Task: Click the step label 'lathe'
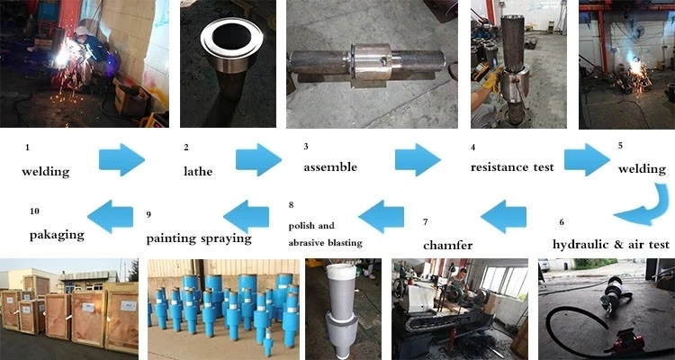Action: click(198, 171)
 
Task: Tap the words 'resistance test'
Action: click(512, 167)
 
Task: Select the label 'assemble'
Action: click(330, 167)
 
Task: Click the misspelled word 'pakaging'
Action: click(57, 236)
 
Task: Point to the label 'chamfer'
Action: click(447, 246)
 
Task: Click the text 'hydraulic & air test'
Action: click(611, 244)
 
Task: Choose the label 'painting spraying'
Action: click(199, 239)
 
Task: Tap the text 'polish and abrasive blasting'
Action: click(326, 234)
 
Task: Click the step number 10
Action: click(34, 211)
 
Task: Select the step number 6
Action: click(562, 222)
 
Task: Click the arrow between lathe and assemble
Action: click(258, 159)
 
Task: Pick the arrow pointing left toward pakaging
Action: click(110, 216)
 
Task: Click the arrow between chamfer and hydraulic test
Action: click(503, 216)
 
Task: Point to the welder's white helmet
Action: click(81, 31)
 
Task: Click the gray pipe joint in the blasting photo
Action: click(342, 310)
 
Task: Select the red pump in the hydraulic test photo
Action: click(627, 343)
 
